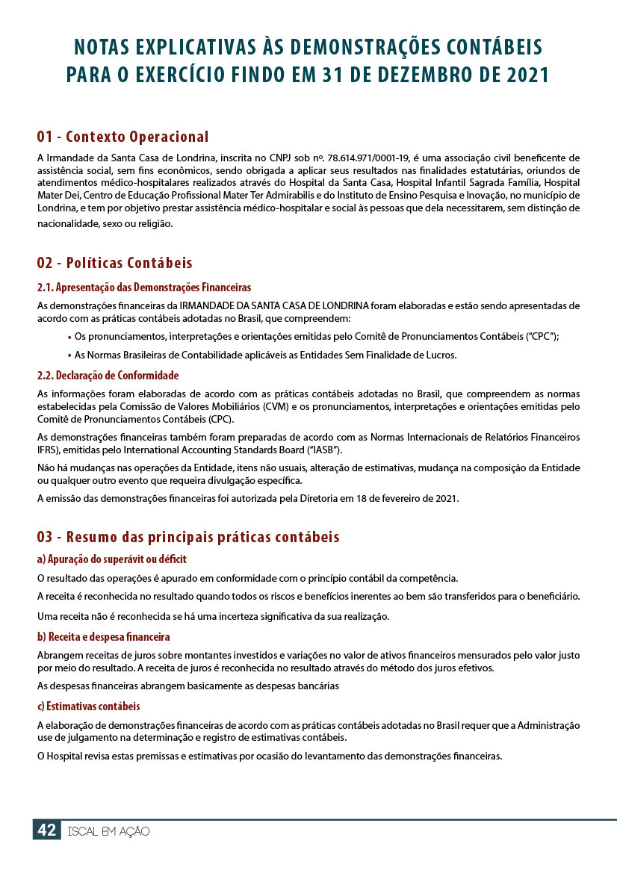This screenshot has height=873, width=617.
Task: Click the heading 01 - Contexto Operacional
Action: (123, 137)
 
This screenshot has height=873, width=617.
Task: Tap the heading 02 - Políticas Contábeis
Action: (114, 263)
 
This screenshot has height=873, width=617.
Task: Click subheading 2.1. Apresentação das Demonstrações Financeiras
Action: (143, 288)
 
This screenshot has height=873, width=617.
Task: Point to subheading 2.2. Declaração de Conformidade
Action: (108, 376)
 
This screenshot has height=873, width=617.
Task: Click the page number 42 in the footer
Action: (46, 830)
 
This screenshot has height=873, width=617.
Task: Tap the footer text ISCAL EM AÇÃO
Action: (108, 831)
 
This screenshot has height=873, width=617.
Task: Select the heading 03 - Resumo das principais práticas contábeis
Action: (188, 537)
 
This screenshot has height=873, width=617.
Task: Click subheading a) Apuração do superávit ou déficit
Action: (111, 559)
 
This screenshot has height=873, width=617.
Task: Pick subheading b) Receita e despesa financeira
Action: (103, 637)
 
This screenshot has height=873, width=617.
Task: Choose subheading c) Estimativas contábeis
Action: (88, 706)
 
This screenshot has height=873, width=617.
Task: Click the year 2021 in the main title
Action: (521, 75)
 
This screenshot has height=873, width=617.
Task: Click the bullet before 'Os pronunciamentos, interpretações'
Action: (69, 338)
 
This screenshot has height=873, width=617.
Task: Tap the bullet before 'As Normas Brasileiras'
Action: (69, 356)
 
